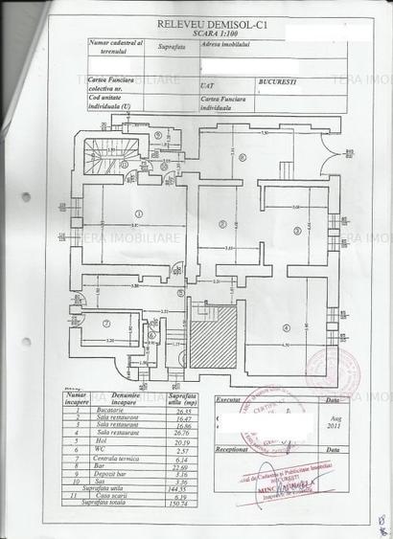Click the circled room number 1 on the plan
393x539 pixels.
coord(138,213)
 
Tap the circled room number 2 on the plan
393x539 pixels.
coord(221,224)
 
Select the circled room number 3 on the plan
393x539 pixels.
coord(297,229)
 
